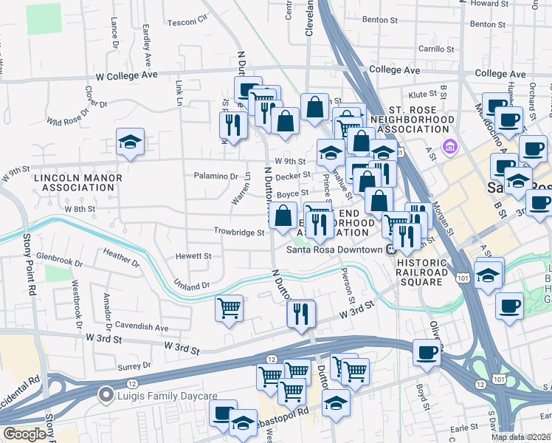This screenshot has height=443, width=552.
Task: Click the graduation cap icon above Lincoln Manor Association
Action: click(130, 142)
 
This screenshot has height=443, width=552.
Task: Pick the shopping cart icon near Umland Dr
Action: click(229, 308)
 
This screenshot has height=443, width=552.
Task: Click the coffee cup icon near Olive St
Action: click(427, 352)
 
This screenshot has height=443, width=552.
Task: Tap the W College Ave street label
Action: click(127, 75)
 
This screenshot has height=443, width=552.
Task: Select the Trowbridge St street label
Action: click(239, 232)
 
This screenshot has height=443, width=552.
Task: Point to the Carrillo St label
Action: click(439, 49)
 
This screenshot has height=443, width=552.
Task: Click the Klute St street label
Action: click(424, 95)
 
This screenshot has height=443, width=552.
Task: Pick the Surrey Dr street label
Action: click(134, 365)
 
